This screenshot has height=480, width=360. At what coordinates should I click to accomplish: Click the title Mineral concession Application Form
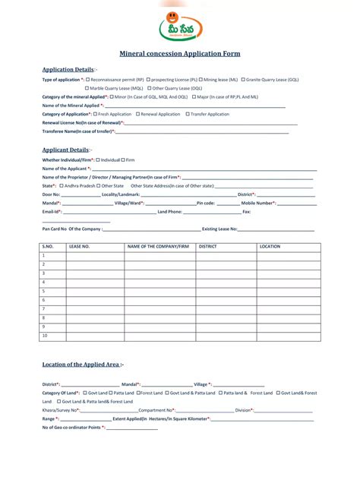(179, 54)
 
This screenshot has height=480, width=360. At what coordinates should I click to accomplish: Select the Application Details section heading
(68, 69)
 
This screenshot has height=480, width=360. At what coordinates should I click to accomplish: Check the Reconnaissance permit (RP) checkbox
(88, 79)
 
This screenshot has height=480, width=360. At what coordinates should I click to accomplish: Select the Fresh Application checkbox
(94, 114)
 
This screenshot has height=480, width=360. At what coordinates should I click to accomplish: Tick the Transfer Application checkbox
(187, 114)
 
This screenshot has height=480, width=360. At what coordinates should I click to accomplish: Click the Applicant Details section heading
(65, 150)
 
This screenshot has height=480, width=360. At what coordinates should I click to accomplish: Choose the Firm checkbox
(123, 160)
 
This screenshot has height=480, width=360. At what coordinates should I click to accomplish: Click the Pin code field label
(206, 203)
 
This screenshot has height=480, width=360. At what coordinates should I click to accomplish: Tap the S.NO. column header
(48, 247)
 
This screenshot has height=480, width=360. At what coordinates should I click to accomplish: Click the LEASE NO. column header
(80, 247)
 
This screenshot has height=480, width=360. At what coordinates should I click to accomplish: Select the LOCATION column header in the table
(270, 247)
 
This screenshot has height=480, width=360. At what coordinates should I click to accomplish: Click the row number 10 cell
(45, 335)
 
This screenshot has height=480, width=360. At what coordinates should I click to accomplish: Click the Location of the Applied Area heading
(83, 365)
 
